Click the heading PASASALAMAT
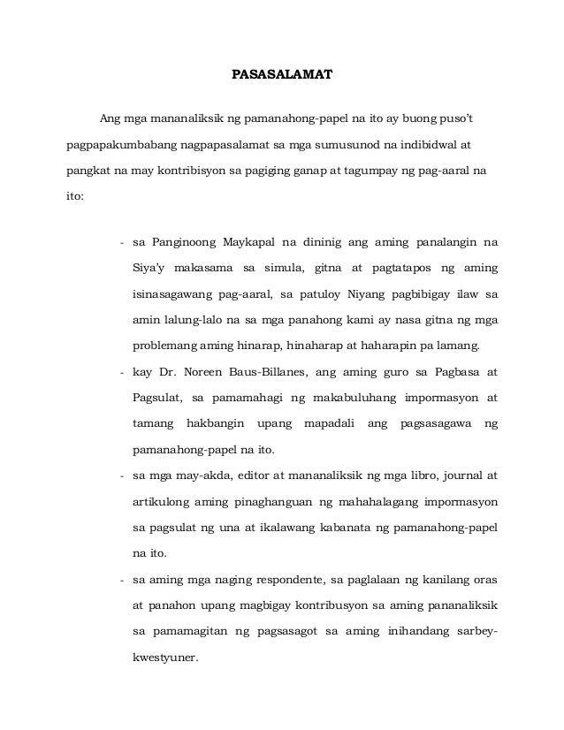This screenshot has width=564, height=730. coord(282,74)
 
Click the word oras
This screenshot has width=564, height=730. coord(484,582)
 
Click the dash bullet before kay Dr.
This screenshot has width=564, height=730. coord(121,373)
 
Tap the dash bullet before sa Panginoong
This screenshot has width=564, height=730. coord(121,240)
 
